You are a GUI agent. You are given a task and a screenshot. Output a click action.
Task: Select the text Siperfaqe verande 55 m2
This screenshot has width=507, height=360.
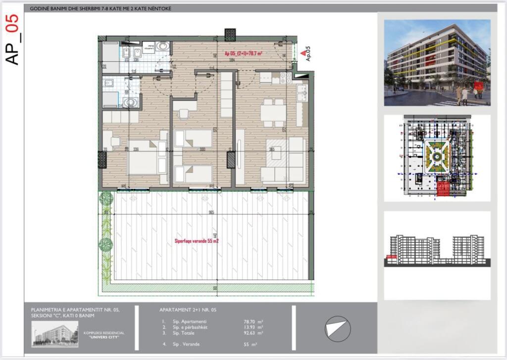click(x=197, y=242)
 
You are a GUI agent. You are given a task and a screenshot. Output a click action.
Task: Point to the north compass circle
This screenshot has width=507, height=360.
click(x=337, y=328)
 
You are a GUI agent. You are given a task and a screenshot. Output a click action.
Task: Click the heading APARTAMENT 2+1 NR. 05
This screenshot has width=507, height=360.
click(x=188, y=310)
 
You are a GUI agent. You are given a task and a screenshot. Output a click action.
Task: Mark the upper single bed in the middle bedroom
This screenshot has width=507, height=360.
click(x=193, y=138)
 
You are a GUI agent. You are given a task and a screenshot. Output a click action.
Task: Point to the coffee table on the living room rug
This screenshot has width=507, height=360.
click(x=276, y=154)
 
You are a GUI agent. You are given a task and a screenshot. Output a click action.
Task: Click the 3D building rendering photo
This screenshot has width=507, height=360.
click(x=437, y=62)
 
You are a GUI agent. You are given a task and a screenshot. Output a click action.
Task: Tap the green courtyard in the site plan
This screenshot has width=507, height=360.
click(x=436, y=157)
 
